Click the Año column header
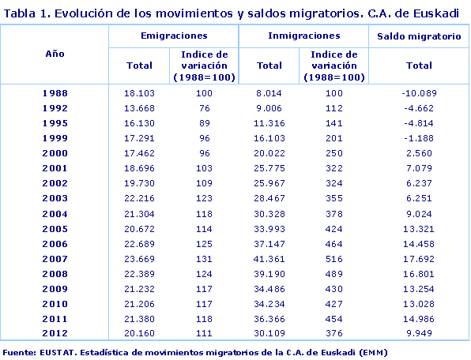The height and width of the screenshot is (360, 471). [x=55, y=51]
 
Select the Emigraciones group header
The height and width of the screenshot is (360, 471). [x=173, y=36]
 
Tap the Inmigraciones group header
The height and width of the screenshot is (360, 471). [x=303, y=36]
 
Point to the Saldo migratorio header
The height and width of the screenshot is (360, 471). [x=419, y=37]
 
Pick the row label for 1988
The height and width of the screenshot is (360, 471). [x=55, y=93]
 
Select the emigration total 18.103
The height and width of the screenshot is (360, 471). [x=139, y=93]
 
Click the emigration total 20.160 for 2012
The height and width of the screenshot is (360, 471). [x=139, y=333]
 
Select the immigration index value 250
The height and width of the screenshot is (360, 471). [x=333, y=153]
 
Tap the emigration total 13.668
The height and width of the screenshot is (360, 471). [x=139, y=108]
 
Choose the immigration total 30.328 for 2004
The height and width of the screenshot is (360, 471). [x=270, y=213]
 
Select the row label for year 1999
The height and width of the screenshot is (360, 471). [x=55, y=138]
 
